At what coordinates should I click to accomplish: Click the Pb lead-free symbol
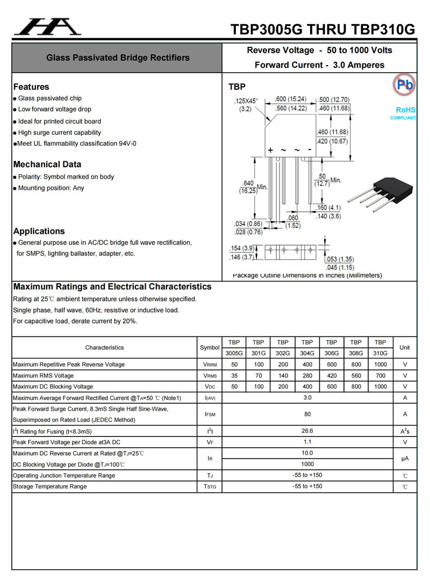404,84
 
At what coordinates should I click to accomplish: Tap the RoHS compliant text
403,113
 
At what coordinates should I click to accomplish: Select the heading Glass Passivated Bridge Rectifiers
118,58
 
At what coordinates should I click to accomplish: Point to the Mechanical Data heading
47,164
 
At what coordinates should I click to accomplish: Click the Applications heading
39,231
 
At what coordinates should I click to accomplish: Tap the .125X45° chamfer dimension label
246,105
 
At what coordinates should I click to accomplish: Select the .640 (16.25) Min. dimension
253,187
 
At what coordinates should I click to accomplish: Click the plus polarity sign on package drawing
270,150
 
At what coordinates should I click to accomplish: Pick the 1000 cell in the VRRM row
380,364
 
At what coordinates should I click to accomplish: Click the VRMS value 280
307,376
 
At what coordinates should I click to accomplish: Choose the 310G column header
380,353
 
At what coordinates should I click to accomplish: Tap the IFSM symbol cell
210,414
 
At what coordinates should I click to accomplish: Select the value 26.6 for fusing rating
307,431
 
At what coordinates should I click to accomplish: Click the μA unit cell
405,458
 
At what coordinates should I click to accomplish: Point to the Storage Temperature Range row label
49,486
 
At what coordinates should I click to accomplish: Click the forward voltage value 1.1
307,442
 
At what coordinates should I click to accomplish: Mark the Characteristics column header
104,348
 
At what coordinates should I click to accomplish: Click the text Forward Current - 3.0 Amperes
319,65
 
